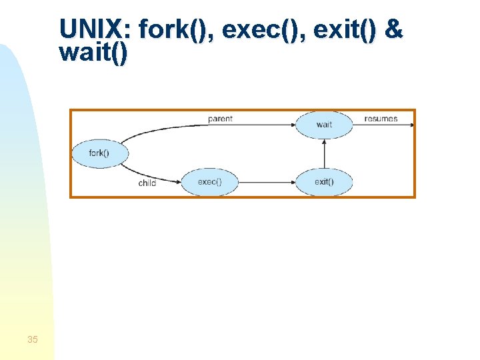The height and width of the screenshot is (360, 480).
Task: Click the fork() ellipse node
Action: (x=99, y=153)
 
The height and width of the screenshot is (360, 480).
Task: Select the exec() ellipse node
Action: (x=210, y=181)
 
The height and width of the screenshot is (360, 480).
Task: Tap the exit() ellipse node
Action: (x=324, y=181)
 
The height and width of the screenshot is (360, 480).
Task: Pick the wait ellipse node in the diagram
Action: (x=324, y=125)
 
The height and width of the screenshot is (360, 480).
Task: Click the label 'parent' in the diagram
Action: (x=220, y=119)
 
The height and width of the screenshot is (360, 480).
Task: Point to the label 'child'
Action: (x=147, y=183)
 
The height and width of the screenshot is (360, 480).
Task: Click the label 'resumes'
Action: (x=381, y=119)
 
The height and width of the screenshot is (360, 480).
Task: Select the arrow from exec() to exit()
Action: (x=267, y=181)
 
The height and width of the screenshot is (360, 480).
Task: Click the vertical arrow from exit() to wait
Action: (x=324, y=153)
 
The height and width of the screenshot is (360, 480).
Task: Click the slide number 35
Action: (x=33, y=340)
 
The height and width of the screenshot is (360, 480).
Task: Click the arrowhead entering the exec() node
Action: (x=179, y=181)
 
